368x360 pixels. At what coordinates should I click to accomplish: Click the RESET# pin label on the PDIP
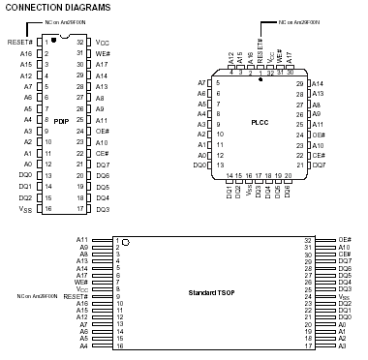point(20,43)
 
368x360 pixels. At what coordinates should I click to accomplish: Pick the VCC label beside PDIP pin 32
point(102,43)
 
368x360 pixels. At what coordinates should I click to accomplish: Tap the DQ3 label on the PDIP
point(103,209)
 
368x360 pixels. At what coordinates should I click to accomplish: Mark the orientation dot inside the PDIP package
point(54,40)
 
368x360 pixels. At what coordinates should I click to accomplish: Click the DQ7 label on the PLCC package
point(319,165)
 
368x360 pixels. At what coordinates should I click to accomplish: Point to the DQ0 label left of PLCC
point(200,165)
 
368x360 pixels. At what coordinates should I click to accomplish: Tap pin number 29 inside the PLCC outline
point(300,83)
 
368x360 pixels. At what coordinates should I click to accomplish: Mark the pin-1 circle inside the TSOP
point(125,240)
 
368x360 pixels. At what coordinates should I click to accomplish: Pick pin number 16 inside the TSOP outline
point(116,345)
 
